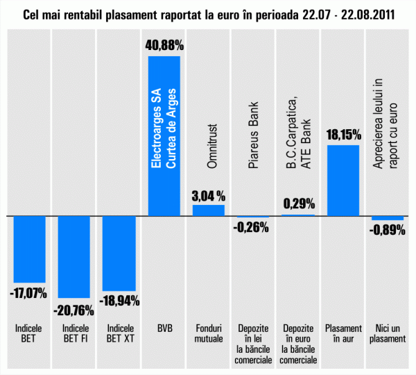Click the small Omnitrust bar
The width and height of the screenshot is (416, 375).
pyautogui.click(x=209, y=210)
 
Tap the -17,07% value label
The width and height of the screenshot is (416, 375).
pyautogui.click(x=29, y=292)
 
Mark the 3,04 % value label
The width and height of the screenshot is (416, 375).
pyautogui.click(x=209, y=195)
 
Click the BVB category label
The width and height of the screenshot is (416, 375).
pyautogui.click(x=164, y=328)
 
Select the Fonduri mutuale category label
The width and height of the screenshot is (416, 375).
pyautogui.click(x=209, y=333)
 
